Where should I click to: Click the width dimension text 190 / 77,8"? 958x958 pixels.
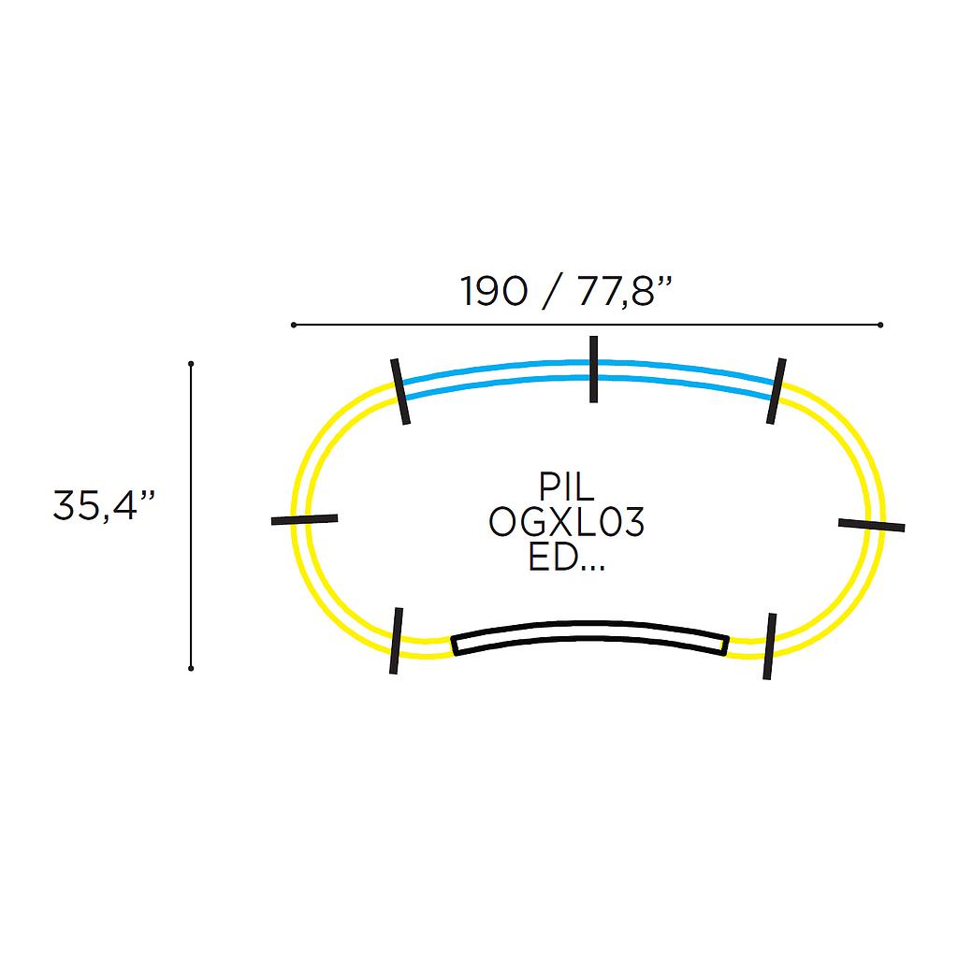tap(566, 292)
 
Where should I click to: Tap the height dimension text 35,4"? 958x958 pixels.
tap(104, 505)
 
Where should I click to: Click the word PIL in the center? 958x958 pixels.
tap(566, 486)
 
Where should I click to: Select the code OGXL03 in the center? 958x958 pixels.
tap(566, 522)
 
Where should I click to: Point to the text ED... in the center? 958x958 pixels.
tap(566, 558)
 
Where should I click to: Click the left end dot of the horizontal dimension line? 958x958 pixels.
tap(294, 325)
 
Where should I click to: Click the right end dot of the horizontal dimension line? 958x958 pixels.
tap(880, 325)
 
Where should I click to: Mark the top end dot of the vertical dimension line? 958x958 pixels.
tap(191, 364)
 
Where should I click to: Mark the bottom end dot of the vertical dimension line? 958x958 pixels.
tap(191, 668)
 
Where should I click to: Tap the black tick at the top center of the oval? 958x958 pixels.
tap(593, 369)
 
